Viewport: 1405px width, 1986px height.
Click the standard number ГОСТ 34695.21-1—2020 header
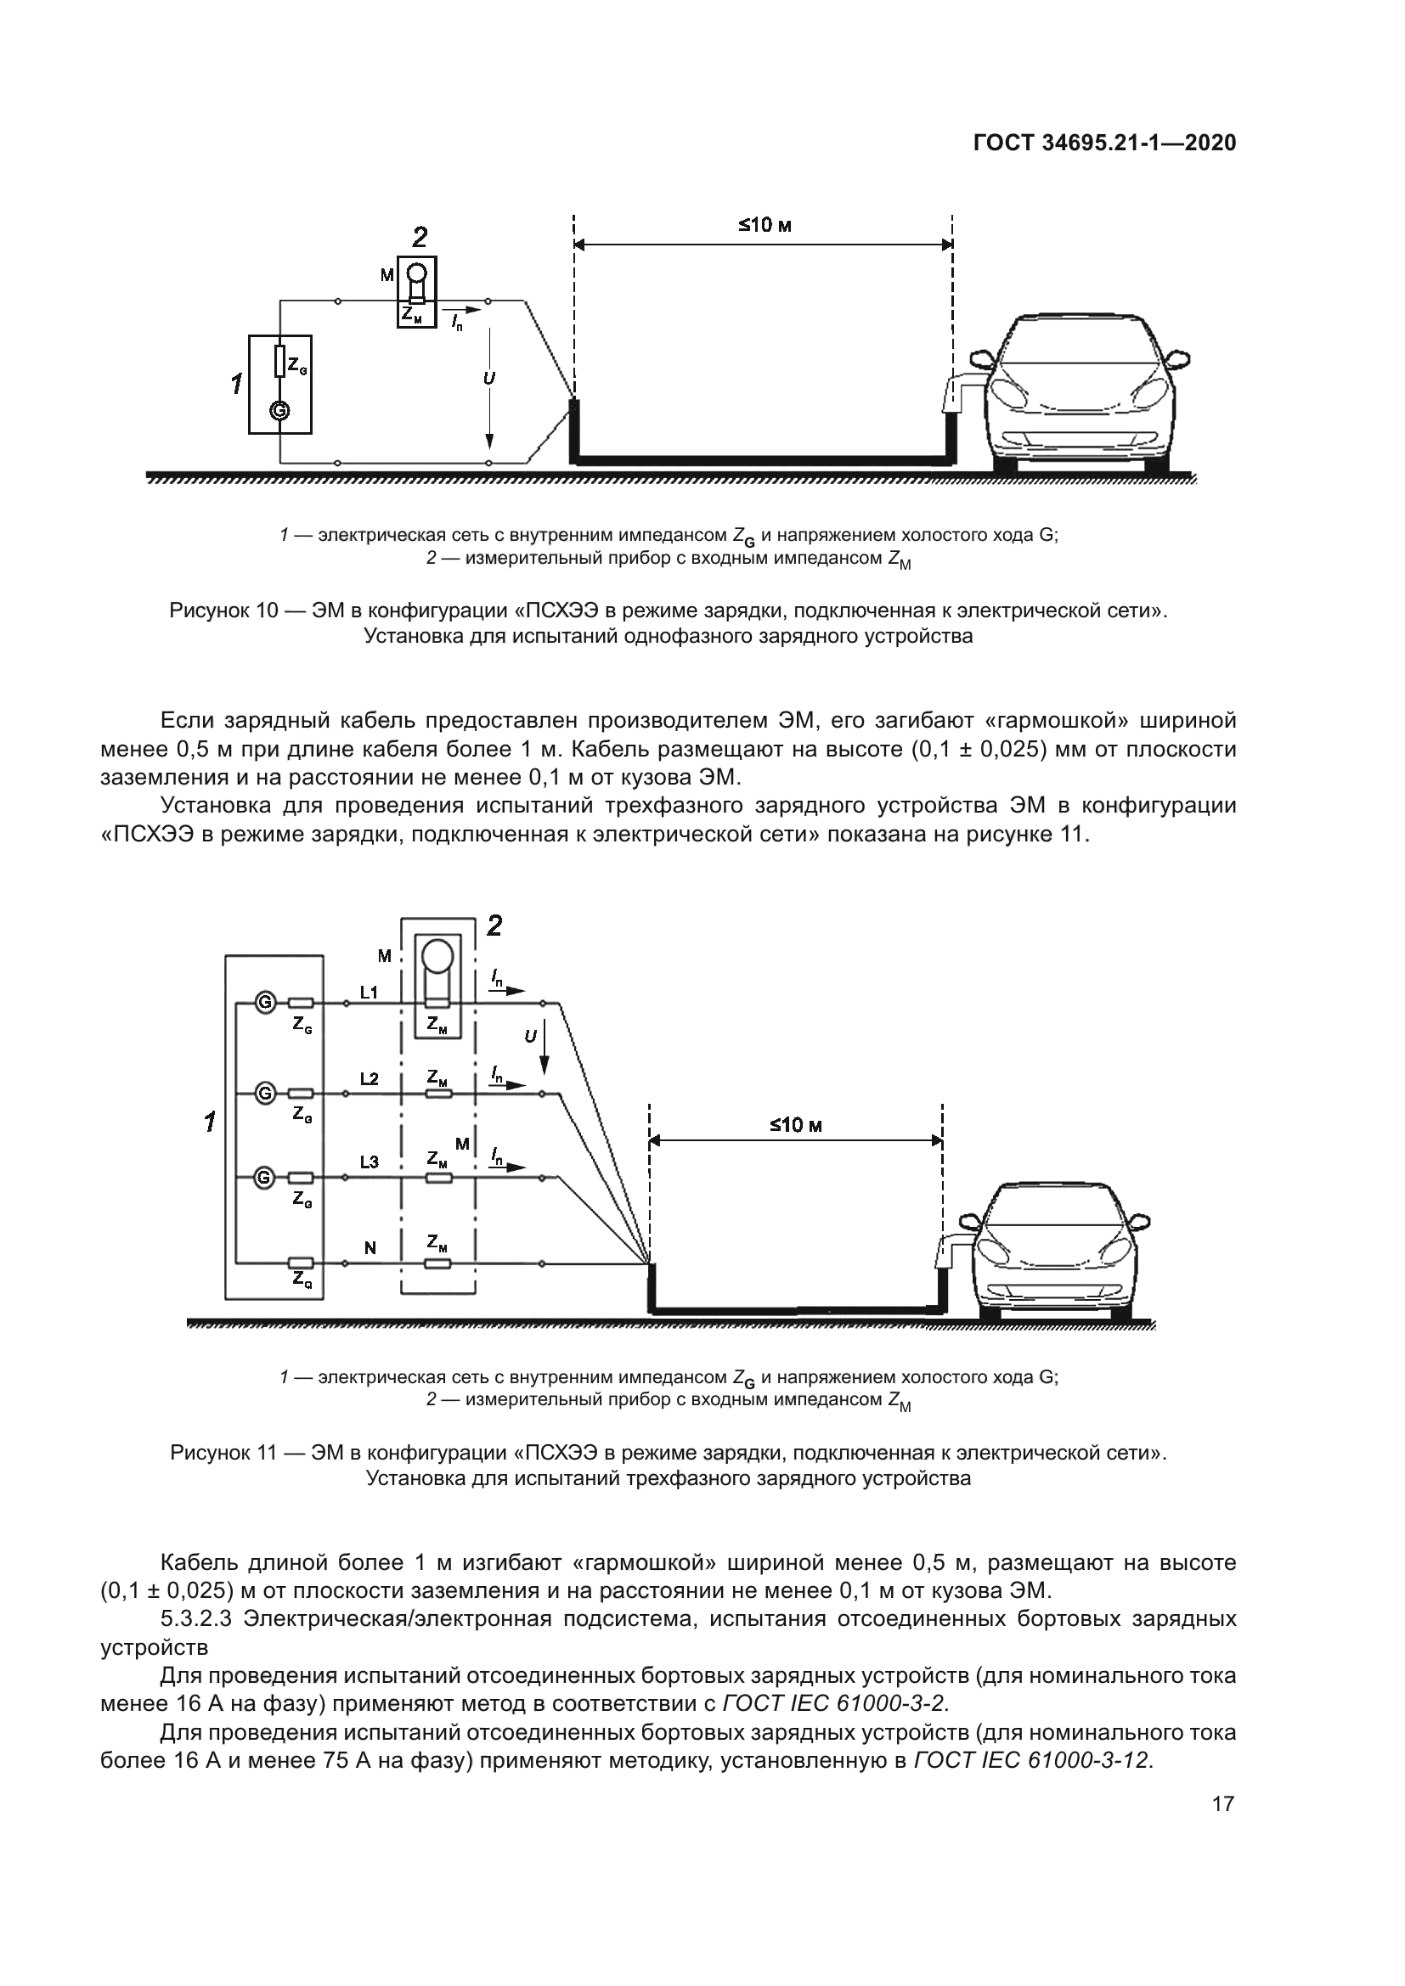(x=1105, y=143)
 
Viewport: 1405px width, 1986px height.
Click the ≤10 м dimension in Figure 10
(x=765, y=227)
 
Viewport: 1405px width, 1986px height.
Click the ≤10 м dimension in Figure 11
(x=795, y=1125)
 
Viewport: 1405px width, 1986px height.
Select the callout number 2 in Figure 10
(x=420, y=237)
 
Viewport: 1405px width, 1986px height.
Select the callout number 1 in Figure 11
(x=209, y=1122)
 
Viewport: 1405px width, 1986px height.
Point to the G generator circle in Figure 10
(x=279, y=411)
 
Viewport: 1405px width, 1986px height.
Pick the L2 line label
(x=370, y=1079)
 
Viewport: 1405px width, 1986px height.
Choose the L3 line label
(x=370, y=1162)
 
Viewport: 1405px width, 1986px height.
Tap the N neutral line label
(x=370, y=1248)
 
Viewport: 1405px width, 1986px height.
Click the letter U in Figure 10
(x=488, y=379)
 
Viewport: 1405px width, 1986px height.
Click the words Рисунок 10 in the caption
(x=223, y=610)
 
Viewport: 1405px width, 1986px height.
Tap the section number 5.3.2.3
(x=195, y=1618)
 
